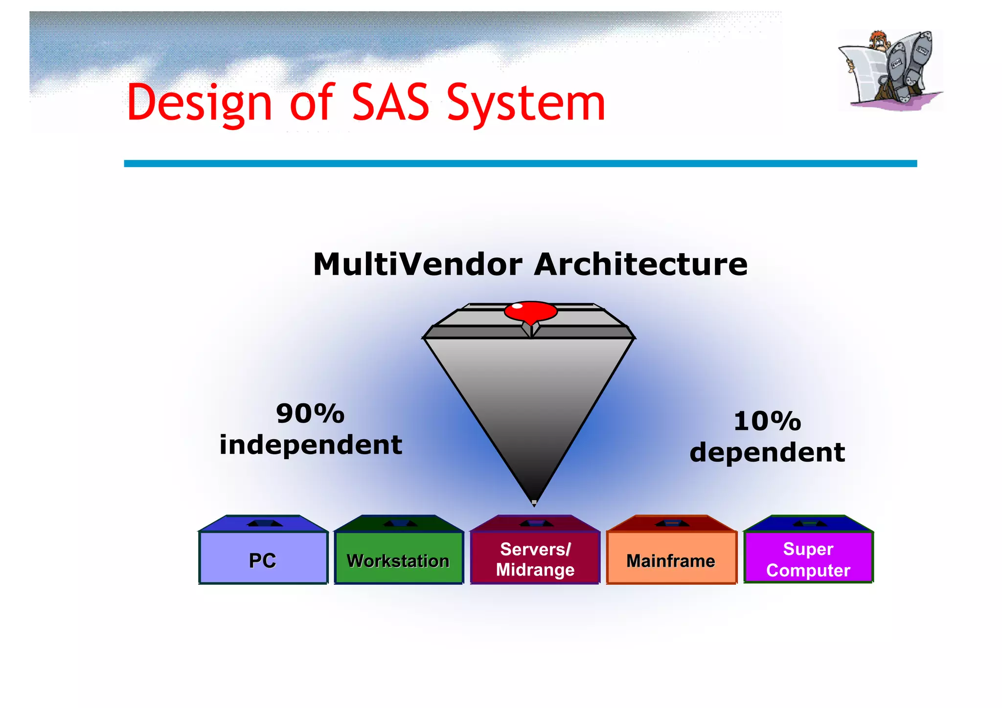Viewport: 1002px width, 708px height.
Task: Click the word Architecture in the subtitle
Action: tap(640, 265)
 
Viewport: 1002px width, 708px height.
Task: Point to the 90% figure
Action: tap(310, 414)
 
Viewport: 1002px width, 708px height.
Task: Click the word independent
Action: tap(311, 445)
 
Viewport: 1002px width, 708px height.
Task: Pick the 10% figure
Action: tap(767, 421)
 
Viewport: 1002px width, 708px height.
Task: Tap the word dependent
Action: tap(767, 452)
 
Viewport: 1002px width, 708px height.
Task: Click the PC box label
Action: tap(263, 560)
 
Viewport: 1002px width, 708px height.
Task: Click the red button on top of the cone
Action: tap(531, 311)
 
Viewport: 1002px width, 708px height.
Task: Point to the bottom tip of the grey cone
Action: tap(534, 502)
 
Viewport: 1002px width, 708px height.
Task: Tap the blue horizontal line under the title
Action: tap(520, 163)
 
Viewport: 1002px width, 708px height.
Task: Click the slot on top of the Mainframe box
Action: tap(672, 523)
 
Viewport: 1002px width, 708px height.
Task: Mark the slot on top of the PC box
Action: tap(264, 523)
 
